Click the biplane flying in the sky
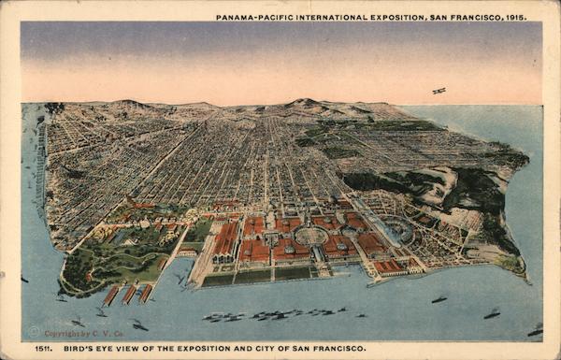(439, 91)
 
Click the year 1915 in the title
(515, 17)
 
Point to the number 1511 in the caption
(43, 348)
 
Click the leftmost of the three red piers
(110, 295)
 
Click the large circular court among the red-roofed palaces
(310, 236)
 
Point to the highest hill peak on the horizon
(302, 100)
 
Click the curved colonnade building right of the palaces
(399, 230)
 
